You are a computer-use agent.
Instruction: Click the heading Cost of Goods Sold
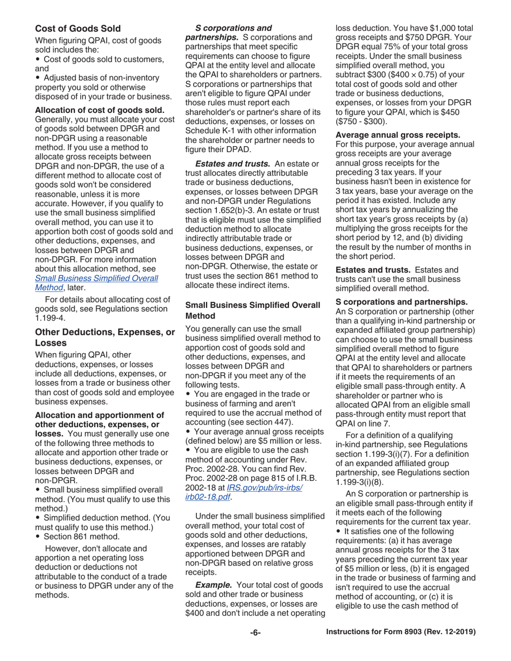(x=77, y=28)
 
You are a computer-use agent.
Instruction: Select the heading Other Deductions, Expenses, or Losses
(x=104, y=337)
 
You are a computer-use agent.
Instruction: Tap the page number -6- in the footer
(x=255, y=633)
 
